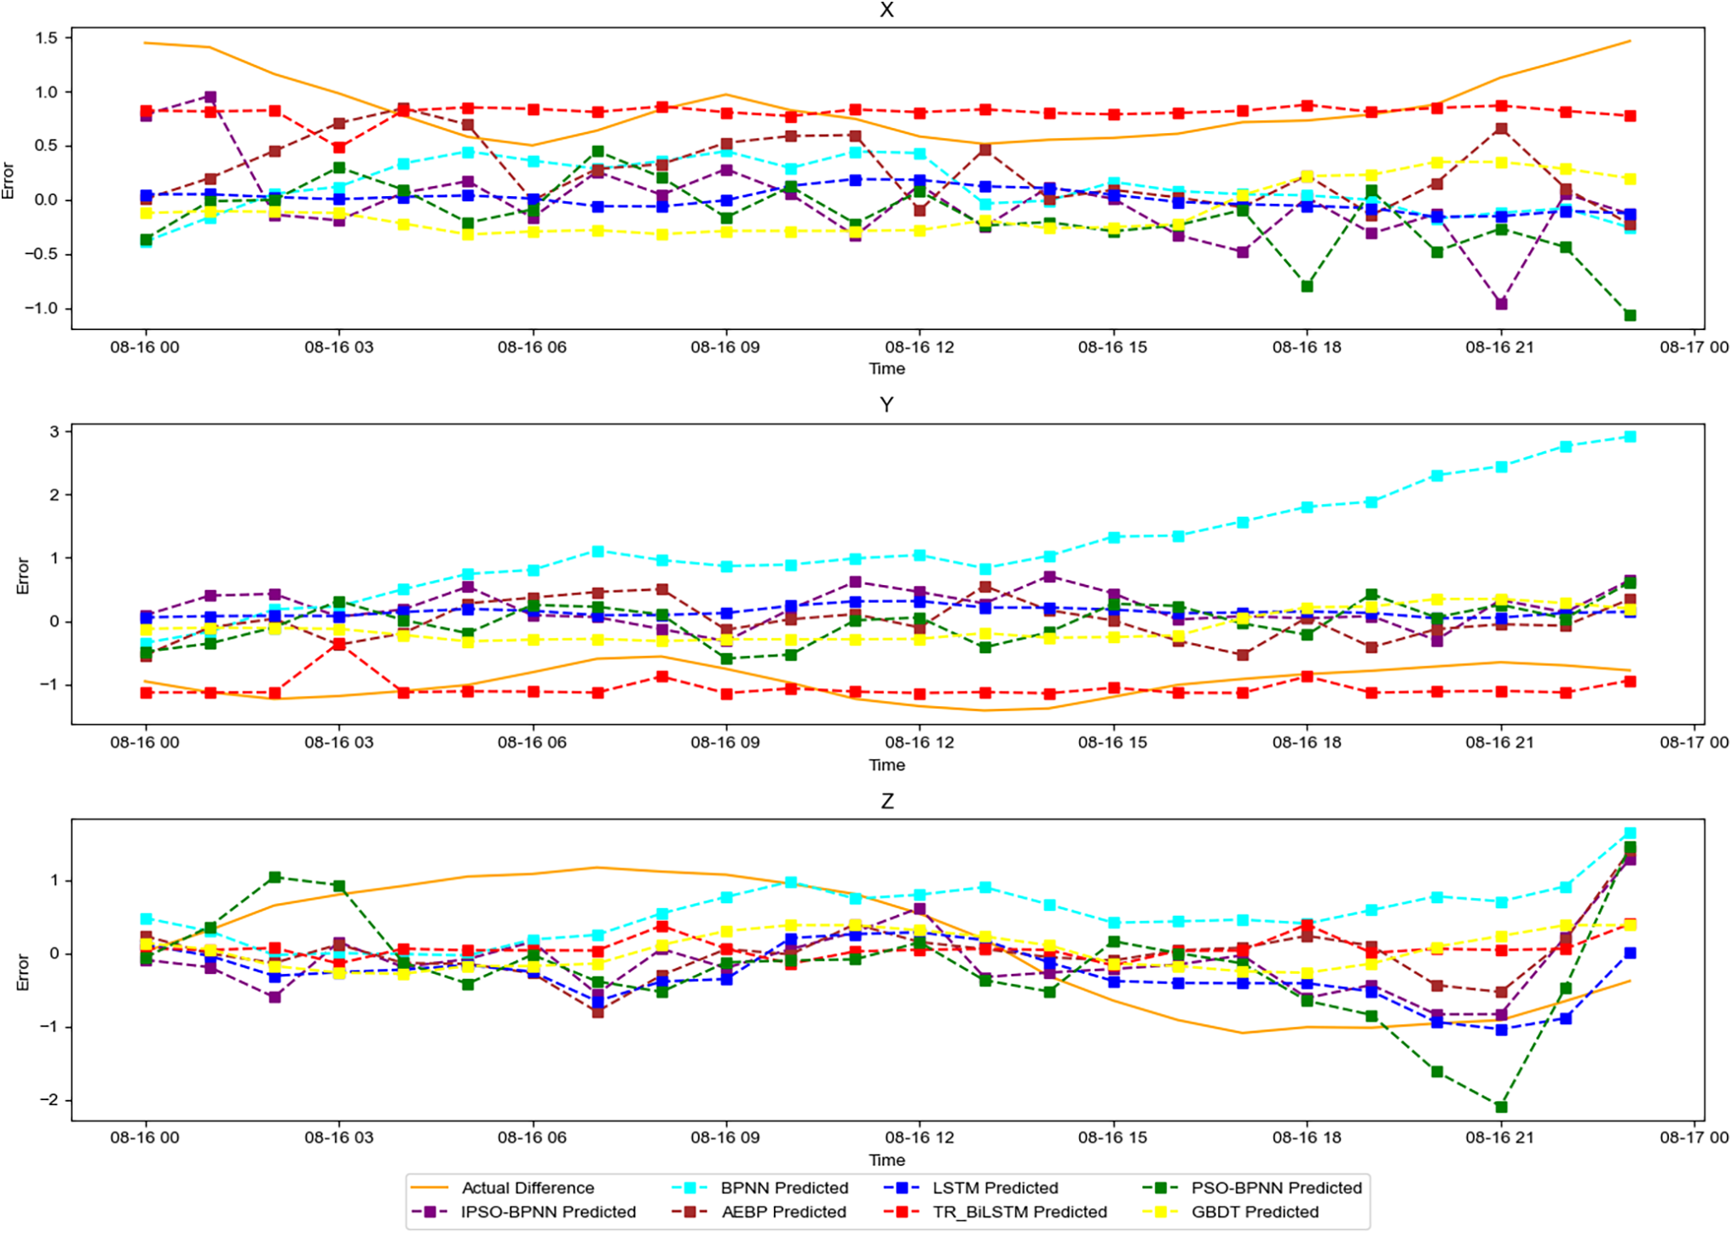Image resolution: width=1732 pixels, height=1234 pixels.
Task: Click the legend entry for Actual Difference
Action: coord(527,1188)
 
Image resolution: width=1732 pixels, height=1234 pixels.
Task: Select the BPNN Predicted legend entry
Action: coord(784,1188)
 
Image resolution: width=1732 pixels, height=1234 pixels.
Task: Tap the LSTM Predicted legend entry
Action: coord(995,1188)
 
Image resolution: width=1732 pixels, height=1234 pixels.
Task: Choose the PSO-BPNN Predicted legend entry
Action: coord(1276,1188)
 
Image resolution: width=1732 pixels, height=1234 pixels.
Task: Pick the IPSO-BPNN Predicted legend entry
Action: coord(548,1212)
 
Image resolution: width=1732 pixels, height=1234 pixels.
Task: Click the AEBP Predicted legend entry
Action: coord(783,1212)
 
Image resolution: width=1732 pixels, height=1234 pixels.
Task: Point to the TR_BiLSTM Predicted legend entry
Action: coord(1019,1212)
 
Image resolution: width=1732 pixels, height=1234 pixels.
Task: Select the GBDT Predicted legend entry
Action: coord(1255,1212)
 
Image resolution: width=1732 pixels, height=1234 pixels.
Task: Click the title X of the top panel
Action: coord(886,10)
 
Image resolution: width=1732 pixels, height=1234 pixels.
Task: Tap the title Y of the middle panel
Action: coord(886,405)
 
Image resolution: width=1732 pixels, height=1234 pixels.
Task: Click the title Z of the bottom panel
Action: coord(886,802)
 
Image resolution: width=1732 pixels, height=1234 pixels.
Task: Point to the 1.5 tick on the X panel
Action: coord(47,38)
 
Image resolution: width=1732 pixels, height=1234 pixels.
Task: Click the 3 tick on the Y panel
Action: coord(55,432)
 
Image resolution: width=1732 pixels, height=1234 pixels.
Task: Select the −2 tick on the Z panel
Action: coord(49,1100)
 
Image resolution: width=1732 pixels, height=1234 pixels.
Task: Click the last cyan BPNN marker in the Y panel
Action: coord(1630,437)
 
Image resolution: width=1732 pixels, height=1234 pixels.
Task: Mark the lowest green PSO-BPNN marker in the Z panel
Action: coord(1501,1107)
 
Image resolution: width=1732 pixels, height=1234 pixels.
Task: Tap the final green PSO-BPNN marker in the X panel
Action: coord(1630,316)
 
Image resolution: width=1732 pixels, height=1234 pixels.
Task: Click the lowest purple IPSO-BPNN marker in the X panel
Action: coord(1501,304)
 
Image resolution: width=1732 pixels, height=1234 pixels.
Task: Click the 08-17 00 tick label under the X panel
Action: coord(1694,347)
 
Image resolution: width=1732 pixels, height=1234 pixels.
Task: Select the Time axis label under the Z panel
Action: coord(886,1160)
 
